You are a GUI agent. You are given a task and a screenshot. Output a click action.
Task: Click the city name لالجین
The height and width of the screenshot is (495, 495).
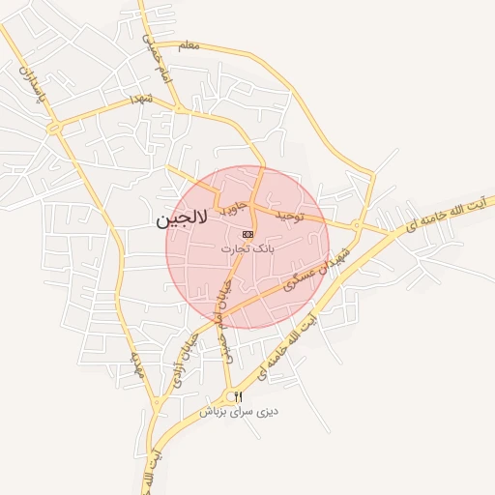pyautogui.click(x=181, y=220)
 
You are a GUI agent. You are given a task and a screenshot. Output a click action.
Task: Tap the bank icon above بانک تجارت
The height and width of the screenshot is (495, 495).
pyautogui.click(x=247, y=234)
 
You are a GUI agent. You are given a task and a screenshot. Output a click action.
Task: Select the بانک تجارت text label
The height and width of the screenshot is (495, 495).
pyautogui.click(x=248, y=248)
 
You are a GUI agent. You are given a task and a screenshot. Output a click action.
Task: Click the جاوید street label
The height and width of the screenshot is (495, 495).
pyautogui.click(x=234, y=206)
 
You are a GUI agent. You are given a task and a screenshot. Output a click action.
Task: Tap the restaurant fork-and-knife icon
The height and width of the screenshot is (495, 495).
pyautogui.click(x=238, y=396)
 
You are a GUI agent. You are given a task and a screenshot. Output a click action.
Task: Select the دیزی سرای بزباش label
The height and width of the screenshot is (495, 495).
pyautogui.click(x=239, y=411)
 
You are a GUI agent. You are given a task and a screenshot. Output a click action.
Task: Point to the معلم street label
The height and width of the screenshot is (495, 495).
pyautogui.click(x=189, y=45)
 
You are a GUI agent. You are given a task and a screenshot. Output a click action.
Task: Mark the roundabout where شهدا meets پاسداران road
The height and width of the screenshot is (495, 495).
pyautogui.click(x=54, y=128)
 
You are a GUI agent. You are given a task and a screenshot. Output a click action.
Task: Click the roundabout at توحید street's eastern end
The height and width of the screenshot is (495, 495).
pyautogui.click(x=357, y=227)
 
